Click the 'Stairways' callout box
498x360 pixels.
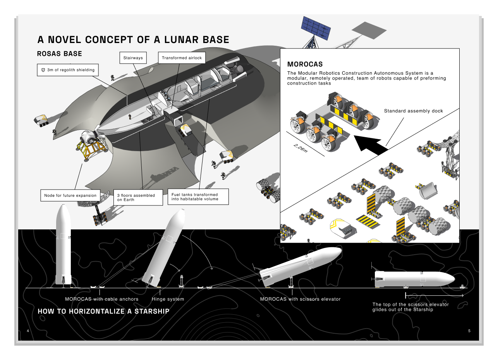pyautogui.click(x=133, y=58)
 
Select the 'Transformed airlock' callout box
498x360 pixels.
pyautogui.click(x=182, y=58)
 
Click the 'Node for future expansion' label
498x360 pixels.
pyautogui.click(x=70, y=196)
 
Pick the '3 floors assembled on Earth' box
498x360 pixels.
pyautogui.click(x=138, y=198)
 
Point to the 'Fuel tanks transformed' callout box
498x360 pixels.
pyautogui.click(x=198, y=197)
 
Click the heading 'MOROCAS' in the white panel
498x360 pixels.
pyautogui.click(x=305, y=64)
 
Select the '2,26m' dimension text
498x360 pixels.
pyautogui.click(x=301, y=148)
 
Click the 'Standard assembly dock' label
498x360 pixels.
pyautogui.click(x=413, y=111)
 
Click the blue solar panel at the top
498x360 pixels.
pyautogui.click(x=316, y=28)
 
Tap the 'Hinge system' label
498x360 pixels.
pyautogui.click(x=168, y=299)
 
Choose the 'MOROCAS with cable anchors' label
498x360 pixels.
pyautogui.click(x=101, y=299)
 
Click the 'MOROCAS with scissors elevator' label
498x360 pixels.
pyautogui.click(x=300, y=299)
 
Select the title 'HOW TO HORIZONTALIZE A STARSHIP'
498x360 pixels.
pyautogui.click(x=103, y=312)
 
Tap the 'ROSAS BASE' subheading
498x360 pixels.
pyautogui.click(x=59, y=54)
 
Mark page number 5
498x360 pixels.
pyautogui.click(x=469, y=331)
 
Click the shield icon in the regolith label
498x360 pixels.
pyautogui.click(x=43, y=70)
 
